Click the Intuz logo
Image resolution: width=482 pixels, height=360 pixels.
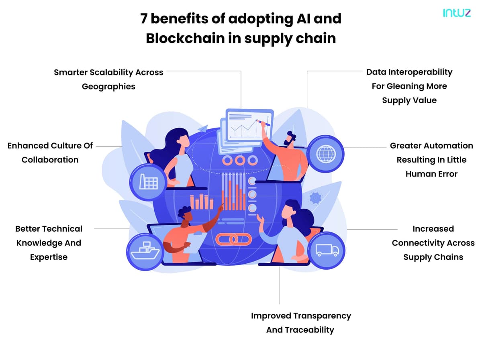pos(457,13)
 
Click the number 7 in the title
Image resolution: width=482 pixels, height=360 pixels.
pos(143,18)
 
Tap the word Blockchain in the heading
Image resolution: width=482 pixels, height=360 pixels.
pos(185,39)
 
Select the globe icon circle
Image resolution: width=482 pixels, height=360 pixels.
pos(326,154)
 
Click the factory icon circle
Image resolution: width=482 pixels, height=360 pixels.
pos(148,182)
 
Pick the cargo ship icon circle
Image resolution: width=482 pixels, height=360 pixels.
pos(145,252)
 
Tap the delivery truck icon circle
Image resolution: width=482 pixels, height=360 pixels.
pos(327,250)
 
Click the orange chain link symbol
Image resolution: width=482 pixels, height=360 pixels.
pos(233,239)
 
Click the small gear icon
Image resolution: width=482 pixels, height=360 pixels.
pos(315,198)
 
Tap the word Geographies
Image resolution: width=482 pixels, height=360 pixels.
pos(108,86)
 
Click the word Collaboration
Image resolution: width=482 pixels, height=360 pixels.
pos(50,160)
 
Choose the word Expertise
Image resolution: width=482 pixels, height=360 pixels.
pos(49,257)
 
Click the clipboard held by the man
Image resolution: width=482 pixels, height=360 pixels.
pos(195,242)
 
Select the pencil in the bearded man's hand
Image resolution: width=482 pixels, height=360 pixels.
pos(263,123)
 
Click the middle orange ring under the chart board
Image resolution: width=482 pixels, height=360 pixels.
pos(240,161)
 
